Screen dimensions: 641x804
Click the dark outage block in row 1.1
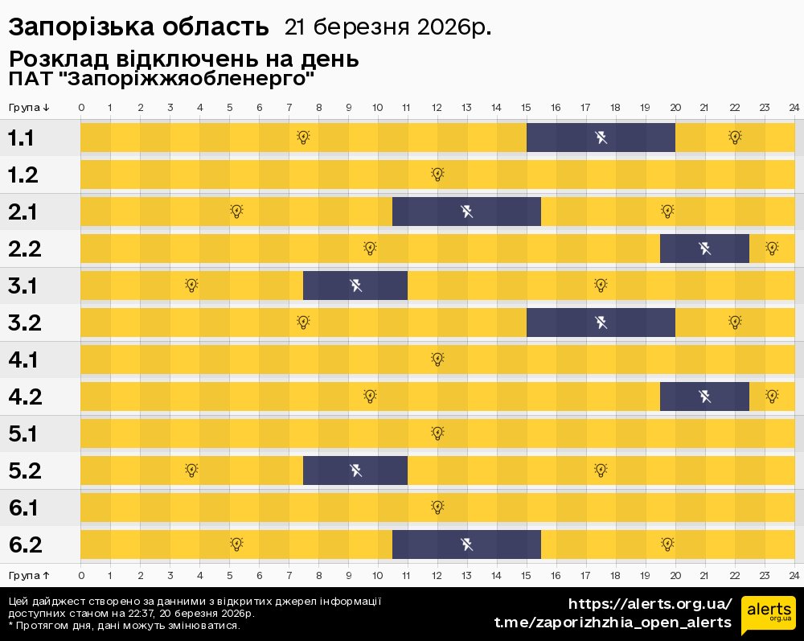[601, 138]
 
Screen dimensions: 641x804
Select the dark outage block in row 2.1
[466, 212]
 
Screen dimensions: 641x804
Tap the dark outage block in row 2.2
[704, 249]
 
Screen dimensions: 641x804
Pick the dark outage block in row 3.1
[355, 286]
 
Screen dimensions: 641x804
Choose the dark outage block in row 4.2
[704, 397]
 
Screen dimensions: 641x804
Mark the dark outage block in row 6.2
[466, 544]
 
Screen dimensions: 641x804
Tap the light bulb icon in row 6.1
[437, 507]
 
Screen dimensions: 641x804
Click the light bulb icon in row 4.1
[437, 359]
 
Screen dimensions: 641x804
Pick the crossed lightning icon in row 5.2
[355, 470]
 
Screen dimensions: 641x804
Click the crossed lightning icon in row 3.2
[601, 323]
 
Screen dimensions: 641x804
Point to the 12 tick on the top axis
[437, 108]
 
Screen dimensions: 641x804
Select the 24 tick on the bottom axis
[794, 575]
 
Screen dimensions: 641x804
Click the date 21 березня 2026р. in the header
[388, 27]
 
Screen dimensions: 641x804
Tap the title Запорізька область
[138, 27]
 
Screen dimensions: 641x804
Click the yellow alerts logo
[769, 615]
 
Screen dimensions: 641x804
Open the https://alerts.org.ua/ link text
[650, 604]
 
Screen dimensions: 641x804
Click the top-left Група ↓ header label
[30, 108]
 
